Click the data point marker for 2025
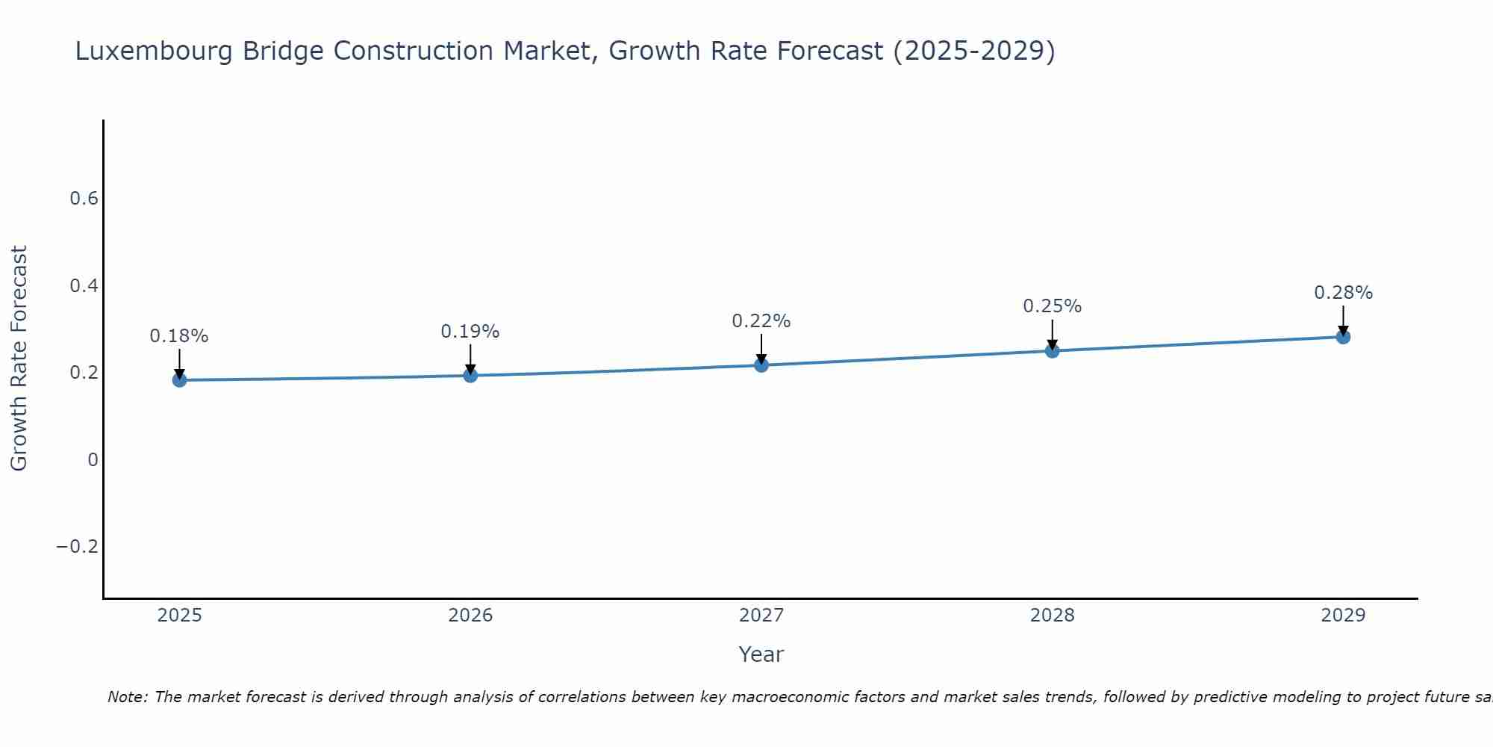pos(179,380)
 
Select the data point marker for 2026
pos(470,375)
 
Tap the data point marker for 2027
pos(761,365)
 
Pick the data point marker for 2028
pos(1052,351)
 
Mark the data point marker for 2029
pos(1343,337)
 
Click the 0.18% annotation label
pos(179,336)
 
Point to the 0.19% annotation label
pos(470,332)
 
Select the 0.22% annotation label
pos(761,321)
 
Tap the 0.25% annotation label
pos(1052,306)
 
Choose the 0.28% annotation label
pos(1343,293)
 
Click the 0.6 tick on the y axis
pos(84,199)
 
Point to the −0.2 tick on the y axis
pos(78,547)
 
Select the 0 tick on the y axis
pos(93,460)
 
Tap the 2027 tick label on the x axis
pos(761,616)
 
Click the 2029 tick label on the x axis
pos(1343,616)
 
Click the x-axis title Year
pos(761,654)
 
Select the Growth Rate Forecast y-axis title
pos(19,359)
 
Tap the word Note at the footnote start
pos(127,697)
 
